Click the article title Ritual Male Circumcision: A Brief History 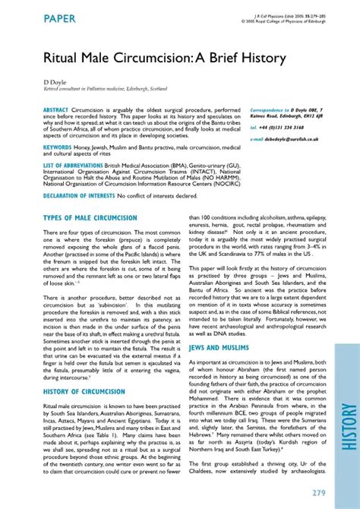pos(154,58)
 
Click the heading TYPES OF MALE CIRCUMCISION pos(90,218)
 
